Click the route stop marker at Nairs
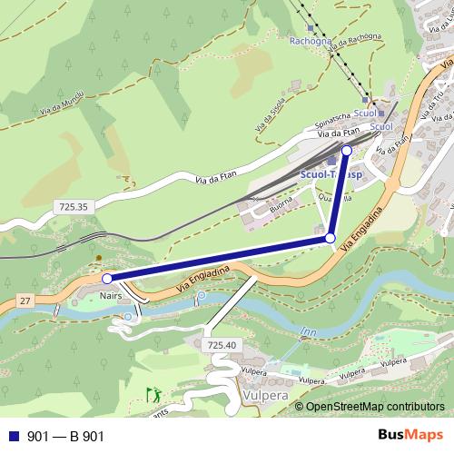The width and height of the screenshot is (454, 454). [107, 279]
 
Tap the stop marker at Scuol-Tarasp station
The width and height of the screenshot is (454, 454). [346, 151]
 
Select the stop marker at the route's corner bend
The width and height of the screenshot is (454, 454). [331, 238]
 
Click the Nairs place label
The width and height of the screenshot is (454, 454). [110, 295]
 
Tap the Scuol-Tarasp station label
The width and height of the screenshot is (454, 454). [331, 173]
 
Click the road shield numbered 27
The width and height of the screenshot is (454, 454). [25, 300]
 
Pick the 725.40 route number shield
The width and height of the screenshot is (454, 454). [222, 345]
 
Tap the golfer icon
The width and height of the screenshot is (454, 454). [153, 394]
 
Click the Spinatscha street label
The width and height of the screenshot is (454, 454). [332, 119]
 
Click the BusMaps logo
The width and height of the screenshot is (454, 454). [410, 436]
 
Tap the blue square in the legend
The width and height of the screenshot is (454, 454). [14, 437]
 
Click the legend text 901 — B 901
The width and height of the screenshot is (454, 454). [65, 437]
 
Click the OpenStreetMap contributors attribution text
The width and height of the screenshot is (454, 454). [374, 407]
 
